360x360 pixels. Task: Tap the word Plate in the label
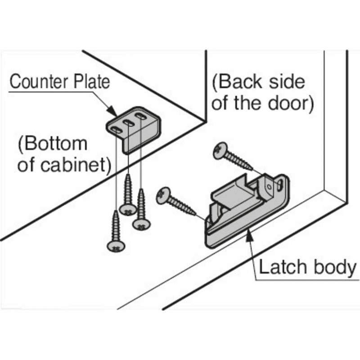click(x=87, y=83)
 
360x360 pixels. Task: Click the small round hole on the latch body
click(x=270, y=185)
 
